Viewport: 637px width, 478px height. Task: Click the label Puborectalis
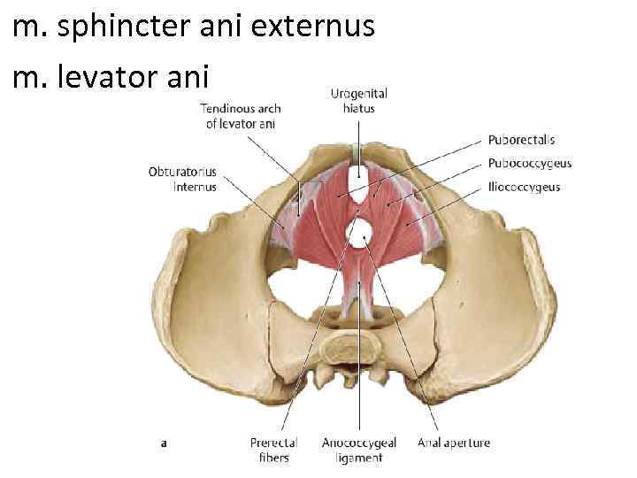521,140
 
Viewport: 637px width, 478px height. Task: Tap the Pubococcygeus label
529,163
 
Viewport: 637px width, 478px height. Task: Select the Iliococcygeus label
524,187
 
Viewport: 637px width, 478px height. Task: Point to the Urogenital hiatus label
358,101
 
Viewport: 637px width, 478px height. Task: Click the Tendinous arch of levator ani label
240,116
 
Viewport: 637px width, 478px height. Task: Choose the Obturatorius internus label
182,179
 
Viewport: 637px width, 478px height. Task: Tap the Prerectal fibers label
273,450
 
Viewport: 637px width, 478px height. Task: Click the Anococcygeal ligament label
358,450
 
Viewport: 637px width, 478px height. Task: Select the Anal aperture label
453,443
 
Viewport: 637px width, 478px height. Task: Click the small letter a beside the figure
165,443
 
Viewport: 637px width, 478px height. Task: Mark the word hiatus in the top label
358,108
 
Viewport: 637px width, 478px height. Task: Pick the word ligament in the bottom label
358,458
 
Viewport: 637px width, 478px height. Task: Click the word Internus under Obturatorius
194,187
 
